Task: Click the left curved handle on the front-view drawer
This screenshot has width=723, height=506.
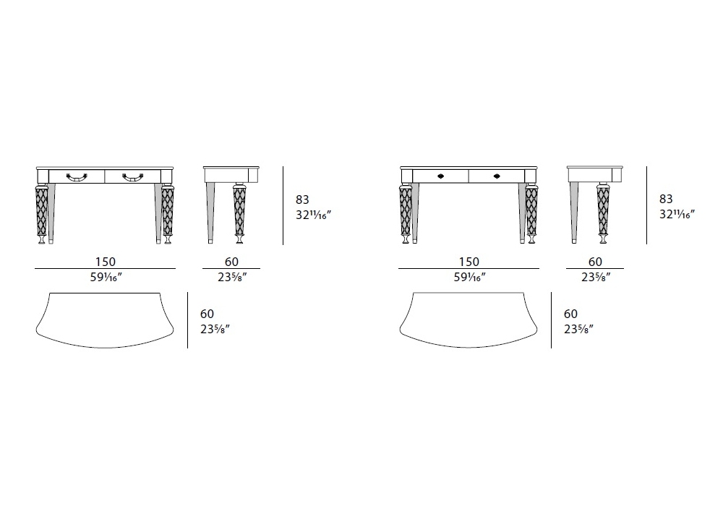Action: [77, 176]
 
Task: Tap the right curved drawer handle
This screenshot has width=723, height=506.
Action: [133, 176]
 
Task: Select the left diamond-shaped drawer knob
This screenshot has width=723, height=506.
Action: [441, 176]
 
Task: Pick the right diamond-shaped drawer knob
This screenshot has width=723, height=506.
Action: [497, 176]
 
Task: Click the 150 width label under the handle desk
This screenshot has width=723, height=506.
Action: [105, 262]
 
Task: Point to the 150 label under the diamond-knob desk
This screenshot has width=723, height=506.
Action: [469, 262]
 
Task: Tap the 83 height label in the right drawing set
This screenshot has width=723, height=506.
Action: [666, 199]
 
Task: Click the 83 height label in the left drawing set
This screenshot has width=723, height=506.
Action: [302, 200]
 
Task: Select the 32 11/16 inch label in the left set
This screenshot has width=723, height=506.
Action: [314, 215]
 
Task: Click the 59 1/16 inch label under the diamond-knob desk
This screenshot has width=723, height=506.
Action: [470, 277]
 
